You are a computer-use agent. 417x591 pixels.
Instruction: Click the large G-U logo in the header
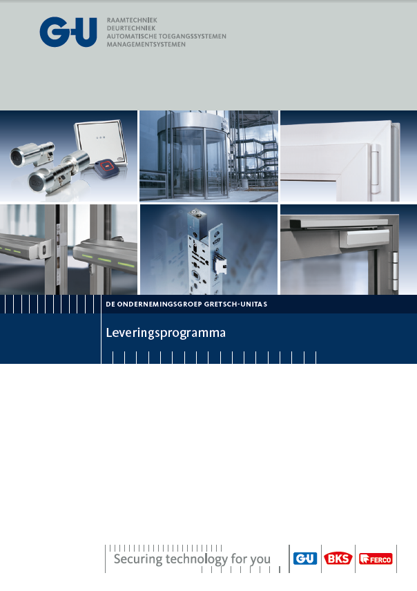coord(68,32)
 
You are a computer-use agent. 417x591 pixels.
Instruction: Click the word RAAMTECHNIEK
coord(132,20)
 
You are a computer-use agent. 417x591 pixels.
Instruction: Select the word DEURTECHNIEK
coord(131,28)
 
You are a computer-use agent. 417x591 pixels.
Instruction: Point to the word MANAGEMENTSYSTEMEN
coord(146,44)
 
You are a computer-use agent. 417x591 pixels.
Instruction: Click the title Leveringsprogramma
coord(166,333)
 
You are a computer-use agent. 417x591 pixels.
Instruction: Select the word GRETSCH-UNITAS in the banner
coord(235,304)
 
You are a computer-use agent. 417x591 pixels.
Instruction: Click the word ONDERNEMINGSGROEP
coord(159,304)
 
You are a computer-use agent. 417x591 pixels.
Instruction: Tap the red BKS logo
coord(338,559)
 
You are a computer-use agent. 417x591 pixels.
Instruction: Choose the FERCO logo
coord(376,559)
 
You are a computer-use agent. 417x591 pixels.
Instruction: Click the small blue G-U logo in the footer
coord(305,559)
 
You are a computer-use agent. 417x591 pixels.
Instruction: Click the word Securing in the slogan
coord(138,559)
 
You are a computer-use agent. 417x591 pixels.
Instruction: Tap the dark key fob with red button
coord(107,168)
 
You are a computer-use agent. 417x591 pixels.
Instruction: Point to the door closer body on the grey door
coord(365,238)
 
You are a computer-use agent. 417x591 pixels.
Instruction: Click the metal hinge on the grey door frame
coord(395,271)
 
